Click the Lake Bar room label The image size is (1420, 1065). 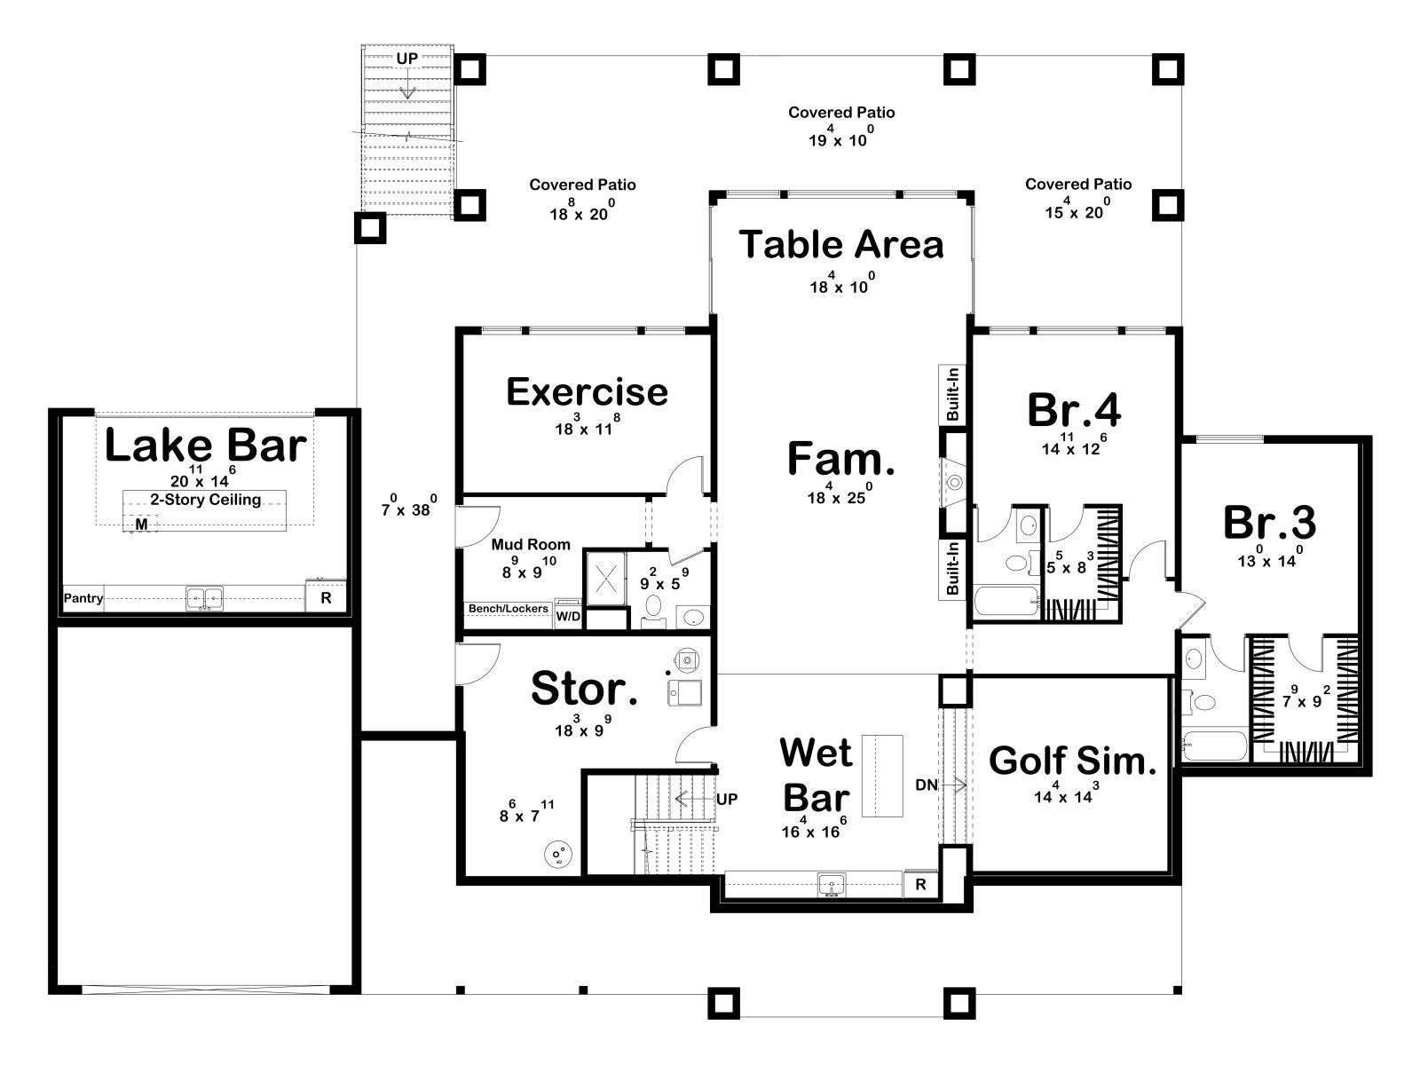[x=206, y=446]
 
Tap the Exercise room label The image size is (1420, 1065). [x=587, y=392]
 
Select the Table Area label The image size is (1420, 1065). [x=841, y=244]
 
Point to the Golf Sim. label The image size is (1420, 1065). [x=1073, y=761]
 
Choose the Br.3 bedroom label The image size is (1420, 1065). [x=1269, y=523]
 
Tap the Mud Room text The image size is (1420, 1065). [x=531, y=544]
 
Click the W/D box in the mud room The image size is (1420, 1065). [x=568, y=616]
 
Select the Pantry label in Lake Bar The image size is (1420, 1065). [x=83, y=598]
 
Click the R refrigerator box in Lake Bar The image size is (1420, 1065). [x=326, y=598]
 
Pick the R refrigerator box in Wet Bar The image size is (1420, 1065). [x=920, y=884]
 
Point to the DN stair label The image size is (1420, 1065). [x=927, y=785]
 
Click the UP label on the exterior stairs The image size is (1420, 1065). [x=406, y=59]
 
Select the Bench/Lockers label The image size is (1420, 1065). [x=509, y=609]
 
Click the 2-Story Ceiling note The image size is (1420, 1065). [x=206, y=499]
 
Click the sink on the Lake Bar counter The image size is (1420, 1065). [x=204, y=598]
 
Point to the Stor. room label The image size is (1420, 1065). [x=584, y=689]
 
